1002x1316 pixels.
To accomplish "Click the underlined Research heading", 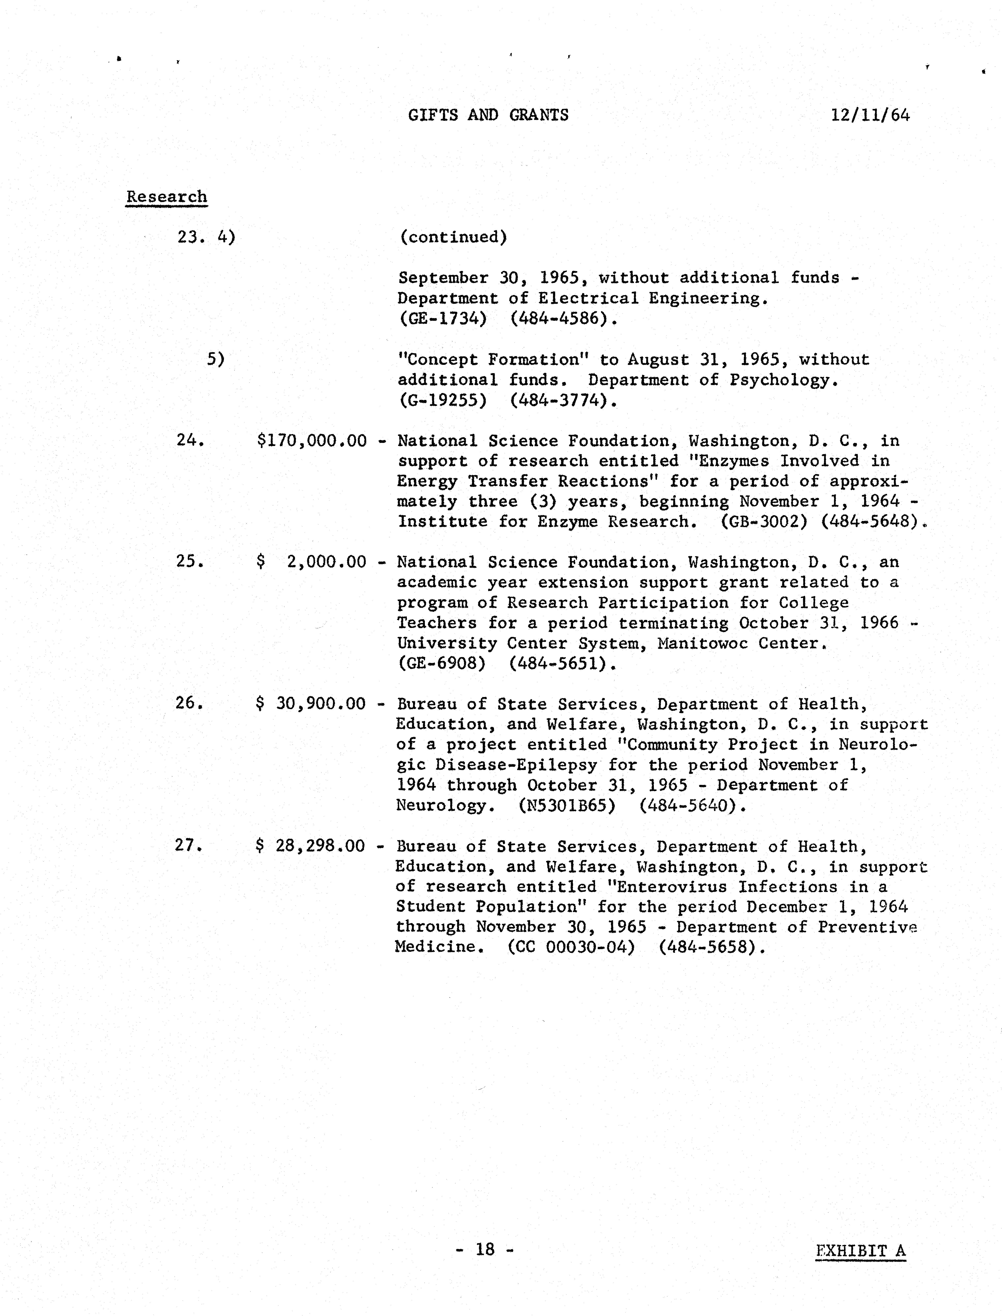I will (166, 197).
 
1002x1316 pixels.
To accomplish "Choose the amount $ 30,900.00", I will (310, 704).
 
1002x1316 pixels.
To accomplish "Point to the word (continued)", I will (453, 237).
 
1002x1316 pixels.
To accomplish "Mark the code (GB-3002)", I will (764, 522).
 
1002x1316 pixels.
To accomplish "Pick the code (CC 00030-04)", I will (571, 947).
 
